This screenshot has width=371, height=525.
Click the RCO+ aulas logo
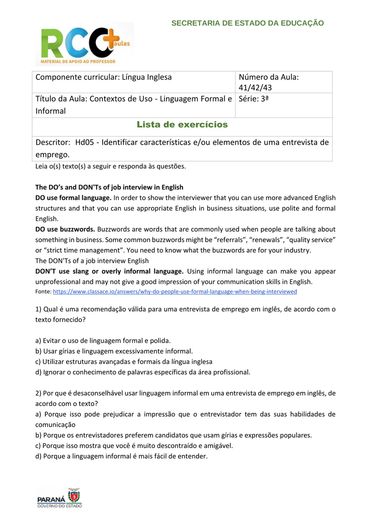(x=85, y=44)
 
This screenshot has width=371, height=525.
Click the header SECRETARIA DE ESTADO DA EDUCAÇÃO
(x=247, y=23)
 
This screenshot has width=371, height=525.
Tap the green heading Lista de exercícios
(x=182, y=124)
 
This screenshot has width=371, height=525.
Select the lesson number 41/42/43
(x=255, y=87)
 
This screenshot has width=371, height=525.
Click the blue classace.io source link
(x=175, y=292)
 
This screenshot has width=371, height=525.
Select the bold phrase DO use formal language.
(x=73, y=198)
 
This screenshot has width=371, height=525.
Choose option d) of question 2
(x=121, y=456)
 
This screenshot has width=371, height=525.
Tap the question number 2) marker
(x=38, y=393)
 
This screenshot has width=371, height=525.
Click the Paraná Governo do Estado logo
(x=59, y=498)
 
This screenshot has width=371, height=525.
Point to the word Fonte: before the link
(x=43, y=292)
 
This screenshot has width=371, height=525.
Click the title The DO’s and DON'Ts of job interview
(x=109, y=187)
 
